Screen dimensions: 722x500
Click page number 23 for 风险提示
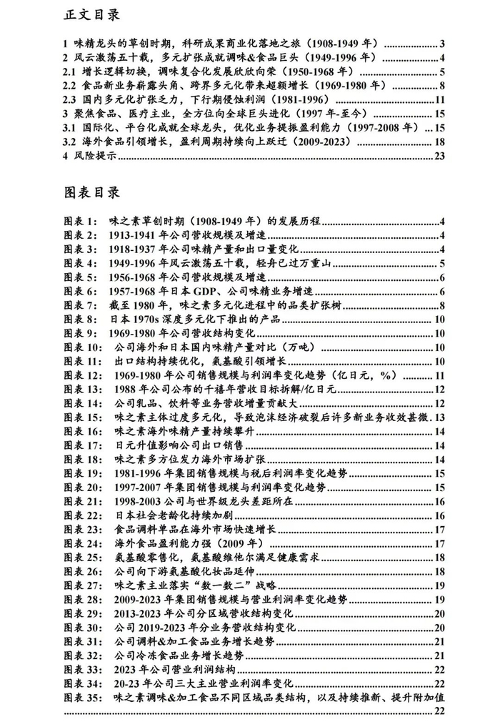[439, 154]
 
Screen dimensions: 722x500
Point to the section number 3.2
[70, 141]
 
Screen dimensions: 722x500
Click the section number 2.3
[70, 99]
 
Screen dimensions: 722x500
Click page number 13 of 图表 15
[439, 417]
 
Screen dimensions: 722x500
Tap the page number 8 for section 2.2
[442, 85]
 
